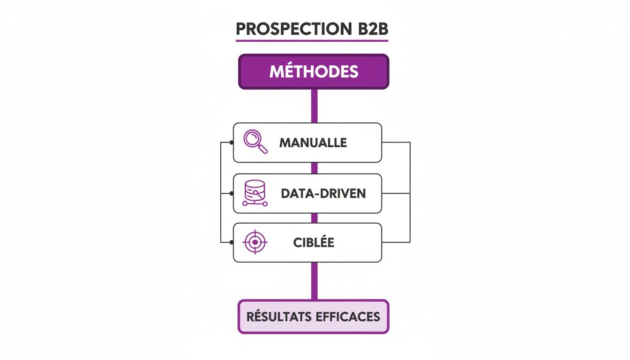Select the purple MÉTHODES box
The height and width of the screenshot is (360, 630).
pos(314,72)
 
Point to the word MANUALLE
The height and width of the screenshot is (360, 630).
pos(313,142)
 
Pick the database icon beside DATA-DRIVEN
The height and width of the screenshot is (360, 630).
pos(255,193)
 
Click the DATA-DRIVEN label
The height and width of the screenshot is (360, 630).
pos(323,193)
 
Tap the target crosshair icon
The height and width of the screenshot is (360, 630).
pos(255,242)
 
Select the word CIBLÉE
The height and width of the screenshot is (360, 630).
pos(314,243)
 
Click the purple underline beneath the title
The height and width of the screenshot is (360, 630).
pos(312,41)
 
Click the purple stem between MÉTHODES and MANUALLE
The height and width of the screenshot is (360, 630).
pos(314,106)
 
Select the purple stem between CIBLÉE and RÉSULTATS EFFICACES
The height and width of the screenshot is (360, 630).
pos(314,281)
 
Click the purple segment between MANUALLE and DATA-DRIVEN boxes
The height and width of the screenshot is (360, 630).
pos(314,168)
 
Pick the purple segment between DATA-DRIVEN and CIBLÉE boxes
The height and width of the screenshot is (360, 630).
pos(314,218)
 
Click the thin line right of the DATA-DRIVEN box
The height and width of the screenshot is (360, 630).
pos(396,193)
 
